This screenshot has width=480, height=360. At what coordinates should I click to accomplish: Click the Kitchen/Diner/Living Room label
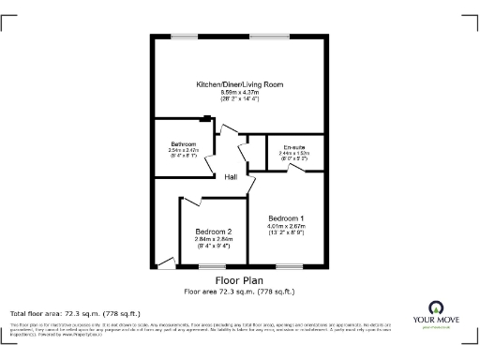click(x=239, y=84)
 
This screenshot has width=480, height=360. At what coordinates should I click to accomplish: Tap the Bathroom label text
click(x=183, y=143)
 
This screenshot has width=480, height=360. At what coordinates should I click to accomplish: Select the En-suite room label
click(x=294, y=145)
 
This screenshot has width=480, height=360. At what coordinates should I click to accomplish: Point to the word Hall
click(x=230, y=177)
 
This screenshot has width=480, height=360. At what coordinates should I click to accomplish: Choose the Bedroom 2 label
click(x=213, y=232)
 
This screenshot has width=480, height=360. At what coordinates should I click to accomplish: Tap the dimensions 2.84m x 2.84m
click(x=213, y=239)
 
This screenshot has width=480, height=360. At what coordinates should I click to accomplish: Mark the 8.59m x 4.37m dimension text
click(x=239, y=93)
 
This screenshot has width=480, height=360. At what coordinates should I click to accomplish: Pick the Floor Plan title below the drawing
click(x=239, y=280)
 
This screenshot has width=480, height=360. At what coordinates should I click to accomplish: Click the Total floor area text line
click(x=75, y=313)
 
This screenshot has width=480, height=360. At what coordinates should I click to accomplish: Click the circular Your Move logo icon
click(x=435, y=307)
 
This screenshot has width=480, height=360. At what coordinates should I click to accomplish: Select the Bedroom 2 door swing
click(x=193, y=201)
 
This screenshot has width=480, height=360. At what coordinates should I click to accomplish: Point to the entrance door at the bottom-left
click(x=167, y=263)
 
